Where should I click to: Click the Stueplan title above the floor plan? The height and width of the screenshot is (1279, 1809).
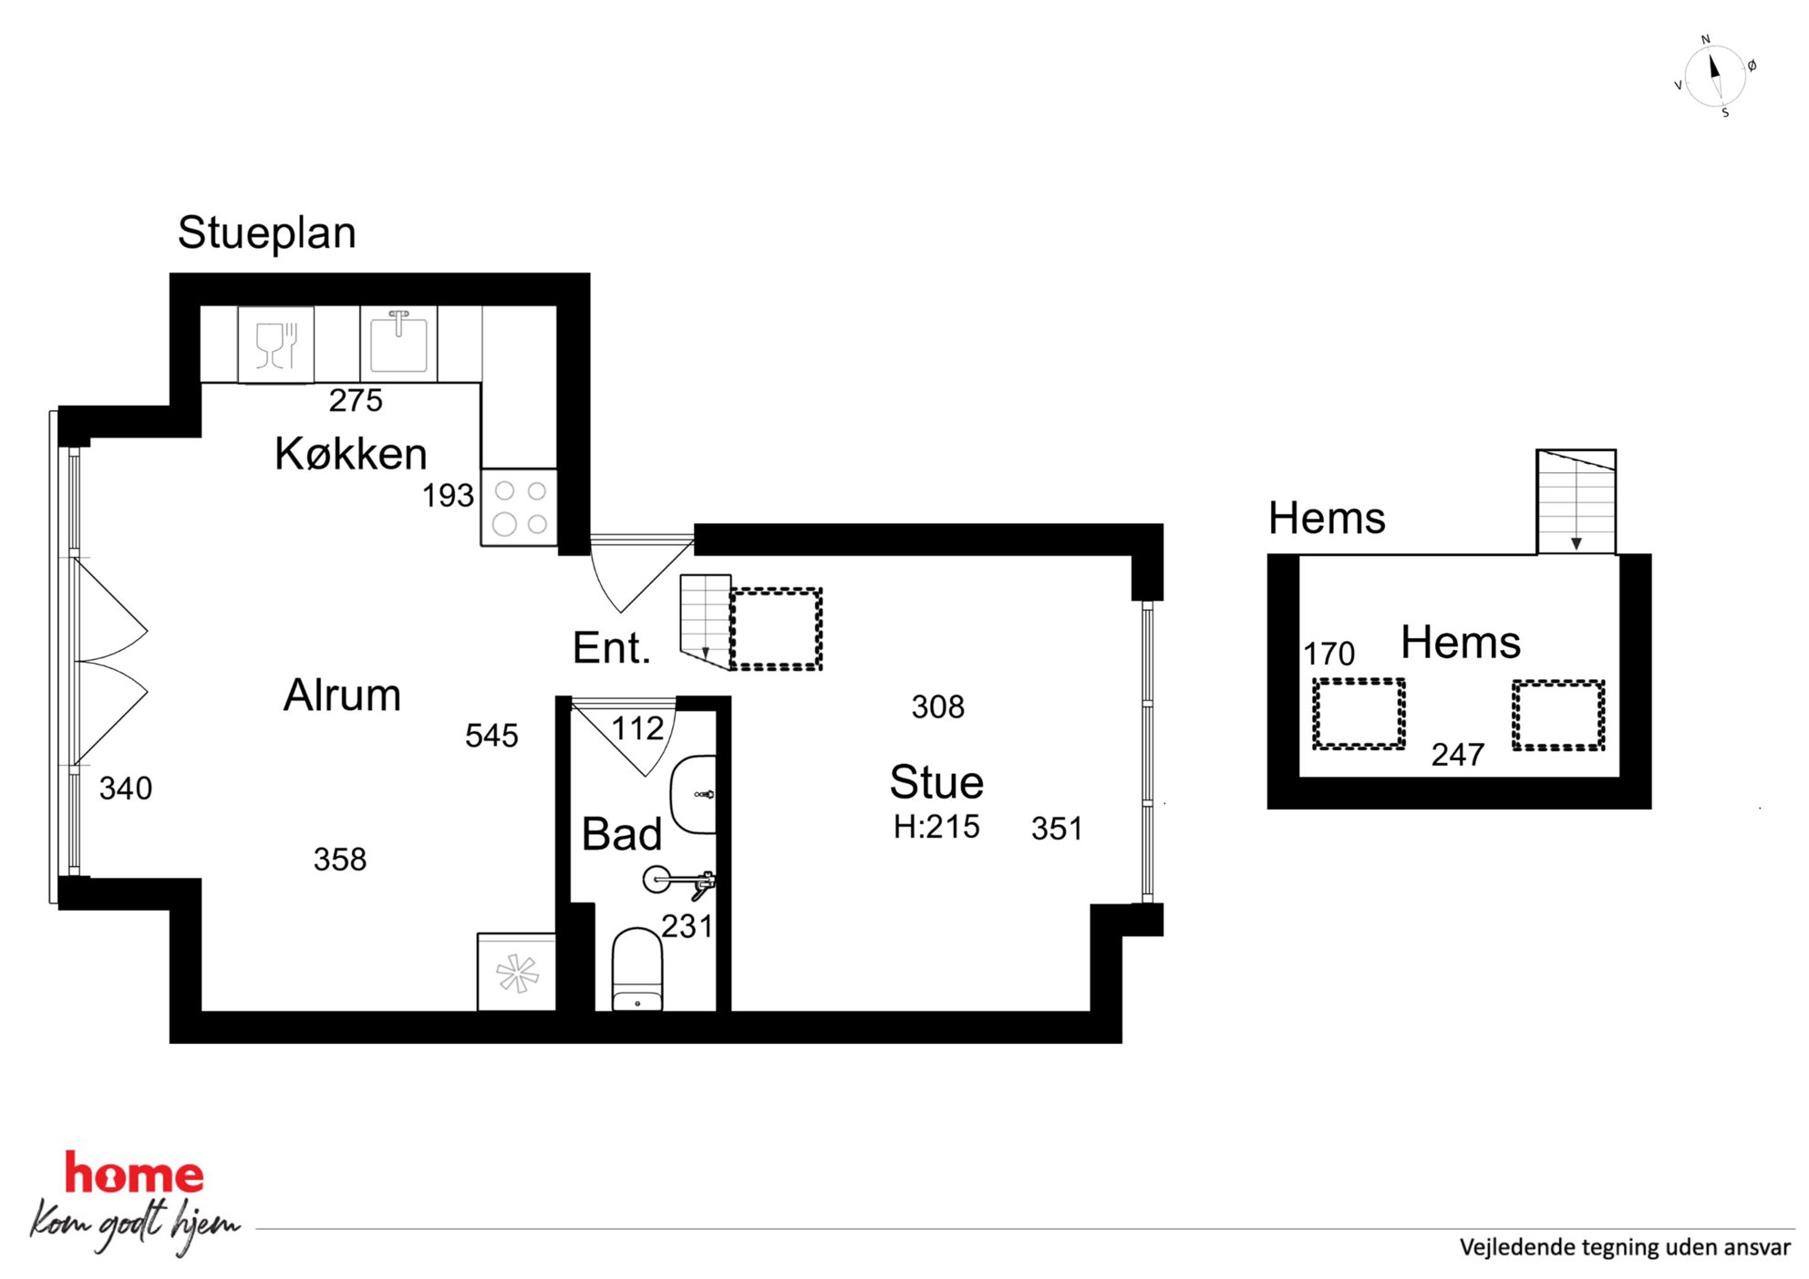click(x=266, y=233)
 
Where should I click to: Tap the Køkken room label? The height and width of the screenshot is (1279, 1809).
click(x=351, y=453)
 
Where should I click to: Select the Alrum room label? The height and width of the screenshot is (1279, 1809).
click(x=342, y=695)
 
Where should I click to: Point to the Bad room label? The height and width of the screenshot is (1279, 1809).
click(x=622, y=834)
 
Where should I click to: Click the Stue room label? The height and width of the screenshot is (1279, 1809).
click(x=936, y=782)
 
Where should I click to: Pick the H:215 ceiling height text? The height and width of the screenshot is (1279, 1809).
click(x=936, y=827)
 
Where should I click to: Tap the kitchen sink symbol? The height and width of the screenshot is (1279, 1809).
click(x=398, y=343)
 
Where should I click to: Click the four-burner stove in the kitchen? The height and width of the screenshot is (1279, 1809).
click(x=520, y=507)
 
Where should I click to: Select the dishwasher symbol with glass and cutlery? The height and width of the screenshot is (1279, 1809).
click(x=276, y=345)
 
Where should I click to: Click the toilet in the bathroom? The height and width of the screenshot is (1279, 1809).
click(x=636, y=970)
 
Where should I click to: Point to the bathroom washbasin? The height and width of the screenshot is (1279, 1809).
click(x=694, y=794)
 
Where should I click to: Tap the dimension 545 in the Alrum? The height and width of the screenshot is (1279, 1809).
click(x=491, y=736)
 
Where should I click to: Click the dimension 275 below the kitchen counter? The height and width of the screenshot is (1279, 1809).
click(x=356, y=400)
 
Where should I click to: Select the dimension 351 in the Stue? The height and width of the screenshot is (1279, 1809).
click(x=1057, y=829)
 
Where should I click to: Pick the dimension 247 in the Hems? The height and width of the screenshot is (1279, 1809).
click(x=1458, y=755)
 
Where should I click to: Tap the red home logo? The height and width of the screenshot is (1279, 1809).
click(x=134, y=1173)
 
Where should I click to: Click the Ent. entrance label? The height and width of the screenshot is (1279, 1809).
click(x=612, y=648)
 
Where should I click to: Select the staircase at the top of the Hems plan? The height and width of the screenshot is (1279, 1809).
click(x=1576, y=501)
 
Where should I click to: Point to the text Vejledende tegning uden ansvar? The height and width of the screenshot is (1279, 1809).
click(x=1625, y=1247)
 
